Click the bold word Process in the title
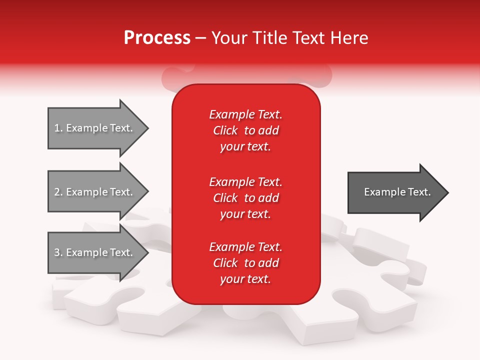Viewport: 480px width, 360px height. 157,38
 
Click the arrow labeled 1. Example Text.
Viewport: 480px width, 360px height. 95,128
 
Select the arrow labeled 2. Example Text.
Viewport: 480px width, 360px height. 95,192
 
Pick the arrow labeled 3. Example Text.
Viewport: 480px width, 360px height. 95,252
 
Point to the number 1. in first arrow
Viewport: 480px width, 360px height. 58,128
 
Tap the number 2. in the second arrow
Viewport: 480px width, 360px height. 58,192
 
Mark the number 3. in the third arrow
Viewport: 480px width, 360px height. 58,252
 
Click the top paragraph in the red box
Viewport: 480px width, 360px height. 245,130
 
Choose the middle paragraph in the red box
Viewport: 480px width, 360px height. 245,197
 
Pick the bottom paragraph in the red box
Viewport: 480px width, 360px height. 245,263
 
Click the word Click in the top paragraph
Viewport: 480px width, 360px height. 225,130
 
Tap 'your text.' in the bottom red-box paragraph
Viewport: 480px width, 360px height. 245,279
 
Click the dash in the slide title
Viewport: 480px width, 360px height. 201,38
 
